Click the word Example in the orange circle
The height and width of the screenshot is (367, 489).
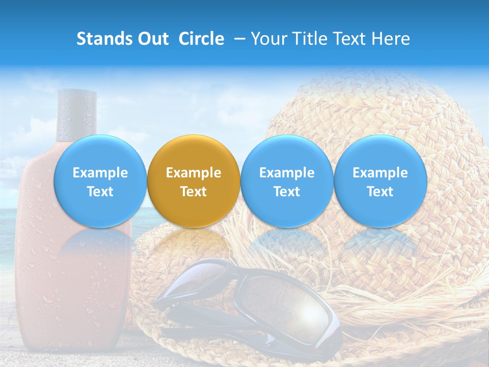(x=194, y=173)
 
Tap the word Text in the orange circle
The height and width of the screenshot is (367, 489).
(x=194, y=192)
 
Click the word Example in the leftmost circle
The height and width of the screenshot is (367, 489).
(x=100, y=173)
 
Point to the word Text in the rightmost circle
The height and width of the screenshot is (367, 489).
(x=380, y=192)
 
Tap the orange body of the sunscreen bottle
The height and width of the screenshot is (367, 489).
(x=71, y=280)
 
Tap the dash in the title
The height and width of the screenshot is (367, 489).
(x=238, y=39)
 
